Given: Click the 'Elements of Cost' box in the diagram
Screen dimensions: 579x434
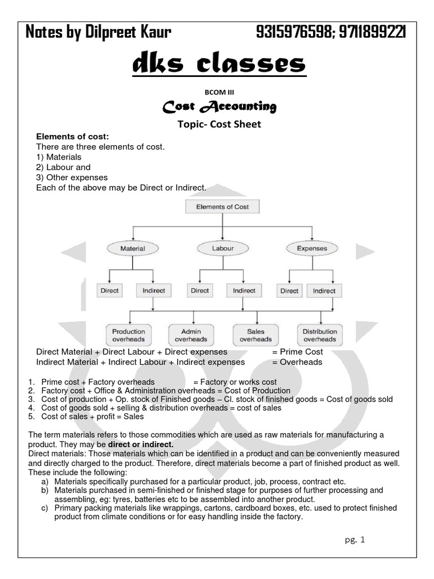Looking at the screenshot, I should (x=222, y=207).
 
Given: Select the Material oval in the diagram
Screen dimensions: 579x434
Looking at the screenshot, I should (x=133, y=248).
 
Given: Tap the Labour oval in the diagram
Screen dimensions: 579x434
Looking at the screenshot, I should (x=223, y=248).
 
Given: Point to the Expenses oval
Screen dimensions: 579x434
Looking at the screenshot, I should (x=311, y=248).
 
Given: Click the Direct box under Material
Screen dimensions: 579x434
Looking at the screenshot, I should (x=110, y=291).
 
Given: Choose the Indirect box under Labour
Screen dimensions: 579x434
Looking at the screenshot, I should (x=244, y=291).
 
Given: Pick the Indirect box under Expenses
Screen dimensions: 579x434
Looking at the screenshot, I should (x=324, y=291).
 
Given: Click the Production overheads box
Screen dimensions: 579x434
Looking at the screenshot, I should (x=128, y=335).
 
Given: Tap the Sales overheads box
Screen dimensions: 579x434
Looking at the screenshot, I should (x=255, y=335).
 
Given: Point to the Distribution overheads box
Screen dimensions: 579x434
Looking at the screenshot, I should (x=320, y=335).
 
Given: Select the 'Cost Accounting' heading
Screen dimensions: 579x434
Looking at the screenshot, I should (x=219, y=106).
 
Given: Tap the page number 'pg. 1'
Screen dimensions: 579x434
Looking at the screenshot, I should (x=355, y=539).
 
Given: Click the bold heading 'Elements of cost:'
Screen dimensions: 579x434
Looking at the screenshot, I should (x=72, y=137).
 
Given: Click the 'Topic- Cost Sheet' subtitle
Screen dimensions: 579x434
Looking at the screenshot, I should (x=219, y=124).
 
